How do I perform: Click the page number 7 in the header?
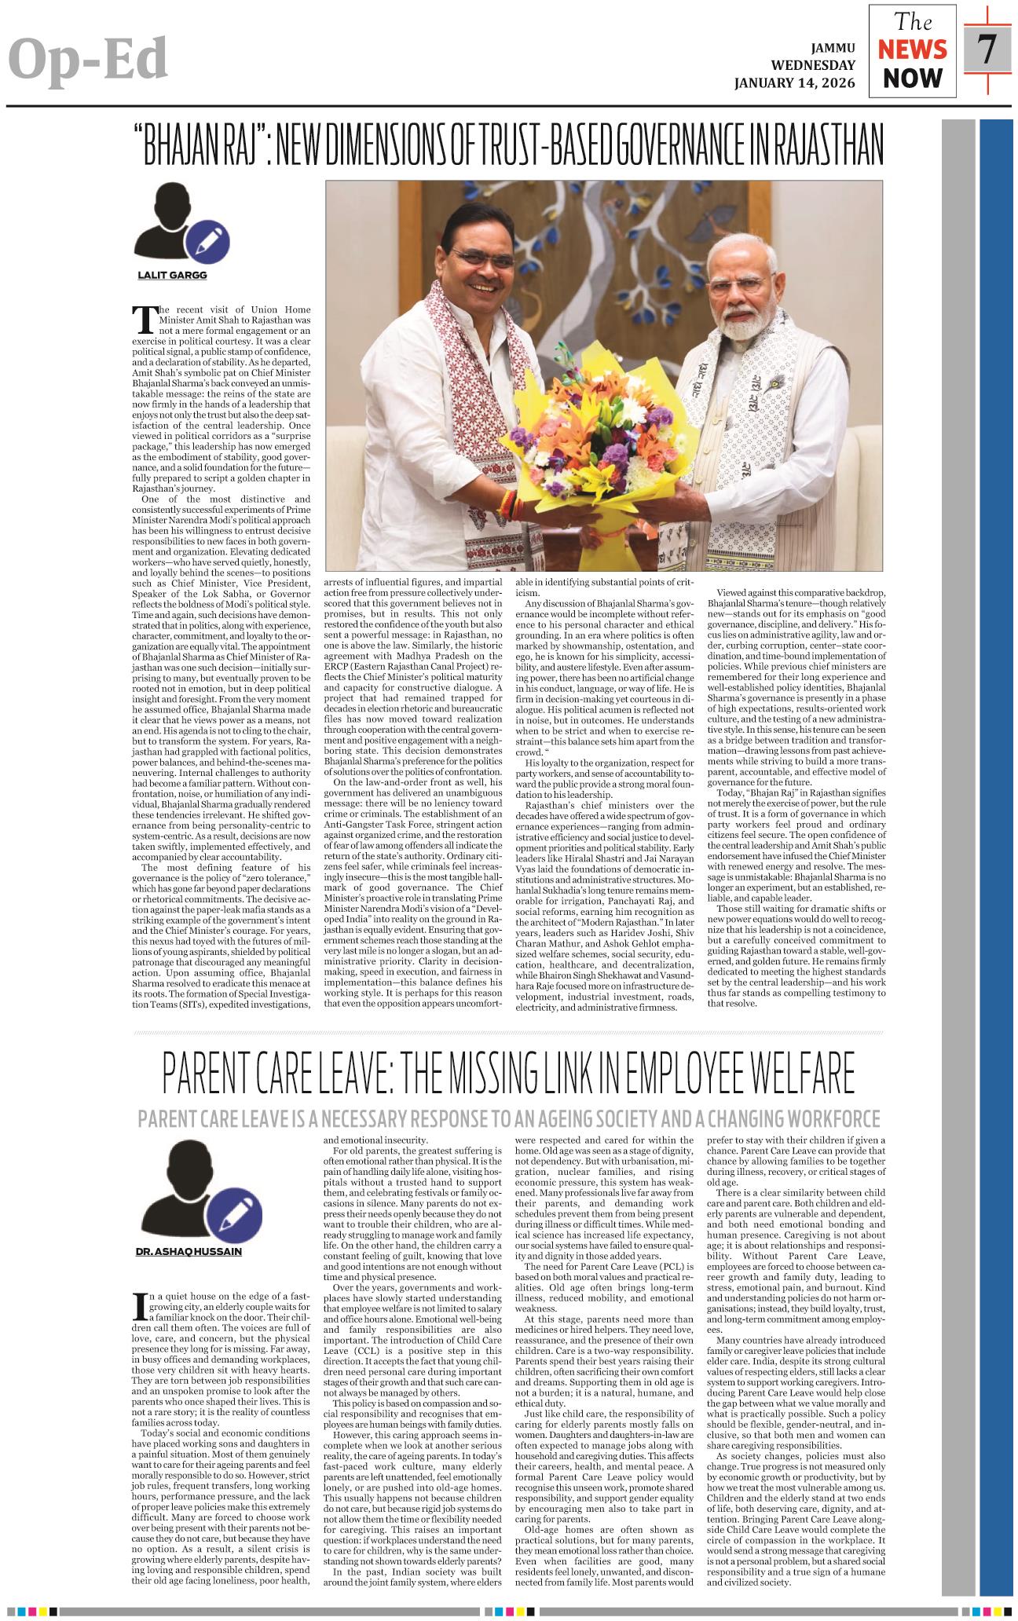(987, 49)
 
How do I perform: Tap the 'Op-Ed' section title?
(89, 60)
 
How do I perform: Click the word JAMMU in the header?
(829, 47)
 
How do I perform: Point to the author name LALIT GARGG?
(172, 275)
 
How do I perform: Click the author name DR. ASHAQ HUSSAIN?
(189, 1251)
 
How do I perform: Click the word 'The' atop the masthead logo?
(912, 21)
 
